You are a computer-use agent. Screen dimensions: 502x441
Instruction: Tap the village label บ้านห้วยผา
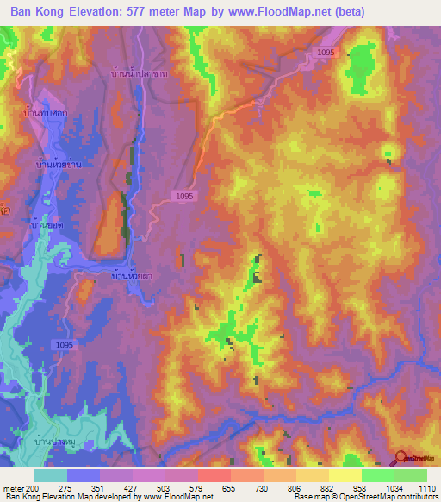134,277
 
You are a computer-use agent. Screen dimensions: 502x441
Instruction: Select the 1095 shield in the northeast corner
325,53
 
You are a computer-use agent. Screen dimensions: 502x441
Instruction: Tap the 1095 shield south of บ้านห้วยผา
64,344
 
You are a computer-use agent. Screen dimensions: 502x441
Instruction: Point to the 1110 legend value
426,487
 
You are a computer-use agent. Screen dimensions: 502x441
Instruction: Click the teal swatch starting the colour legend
51,475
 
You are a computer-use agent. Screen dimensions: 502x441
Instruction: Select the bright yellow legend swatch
345,475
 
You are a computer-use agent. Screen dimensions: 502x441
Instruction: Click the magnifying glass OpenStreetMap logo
401,458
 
